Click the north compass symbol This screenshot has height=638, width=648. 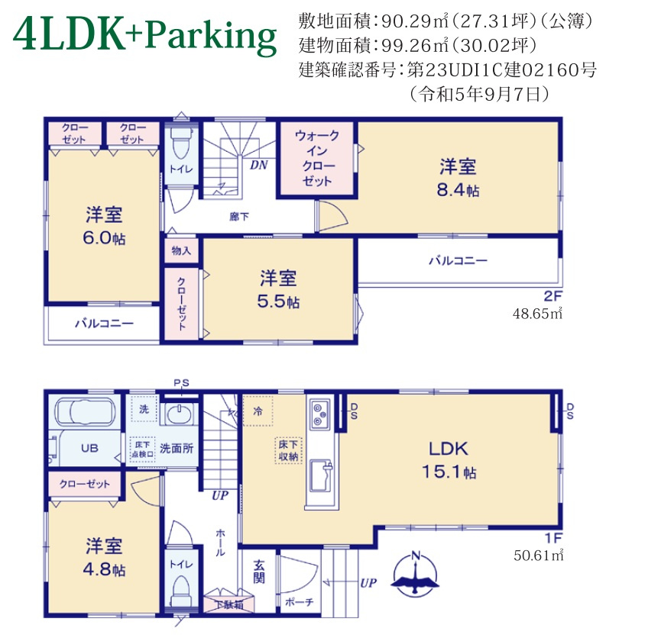(416, 575)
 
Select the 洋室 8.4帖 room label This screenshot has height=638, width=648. (458, 178)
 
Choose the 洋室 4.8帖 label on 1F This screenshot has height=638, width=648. (105, 558)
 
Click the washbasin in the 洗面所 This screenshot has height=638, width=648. (180, 416)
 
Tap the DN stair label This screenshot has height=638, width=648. (258, 163)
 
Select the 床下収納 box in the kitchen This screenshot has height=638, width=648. (288, 451)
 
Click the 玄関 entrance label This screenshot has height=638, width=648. (259, 572)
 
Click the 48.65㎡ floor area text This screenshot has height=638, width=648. (537, 313)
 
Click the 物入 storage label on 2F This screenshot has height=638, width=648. (181, 250)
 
